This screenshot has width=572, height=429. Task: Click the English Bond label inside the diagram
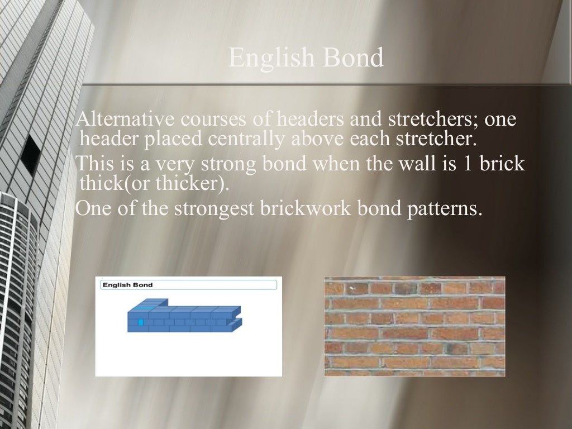(127, 285)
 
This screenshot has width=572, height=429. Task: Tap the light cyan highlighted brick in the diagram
(141, 322)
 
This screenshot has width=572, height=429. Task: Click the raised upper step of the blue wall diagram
(149, 305)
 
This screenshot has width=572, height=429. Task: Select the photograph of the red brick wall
(414, 326)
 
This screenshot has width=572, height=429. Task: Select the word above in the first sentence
(320, 138)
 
